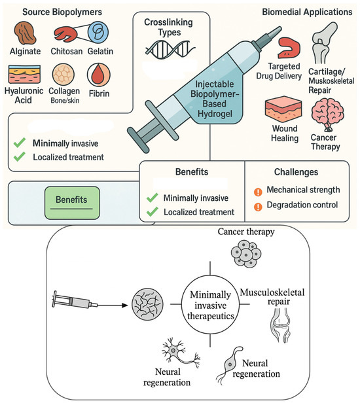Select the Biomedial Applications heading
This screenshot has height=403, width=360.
point(306,12)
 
